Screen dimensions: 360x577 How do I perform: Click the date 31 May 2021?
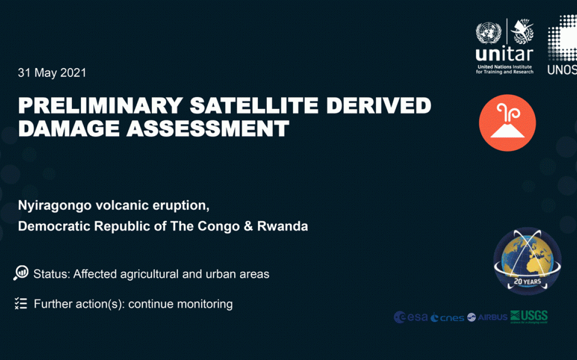coord(52,73)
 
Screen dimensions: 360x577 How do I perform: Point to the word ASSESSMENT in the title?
coord(208,129)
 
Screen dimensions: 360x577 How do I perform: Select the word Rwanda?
coord(283,226)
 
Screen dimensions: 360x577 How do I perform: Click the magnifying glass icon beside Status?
coord(21,273)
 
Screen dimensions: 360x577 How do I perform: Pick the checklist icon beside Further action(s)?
coord(21,303)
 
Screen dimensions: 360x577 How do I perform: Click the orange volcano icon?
coord(507,123)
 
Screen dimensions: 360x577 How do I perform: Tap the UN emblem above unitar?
coord(488,33)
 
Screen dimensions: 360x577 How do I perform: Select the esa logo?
coord(411,317)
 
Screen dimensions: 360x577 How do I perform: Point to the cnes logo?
coord(447,318)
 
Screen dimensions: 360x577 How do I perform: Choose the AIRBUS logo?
coord(487,317)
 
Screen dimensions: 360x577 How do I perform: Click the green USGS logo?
coord(529,316)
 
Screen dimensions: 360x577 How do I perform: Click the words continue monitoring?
coord(180,304)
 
